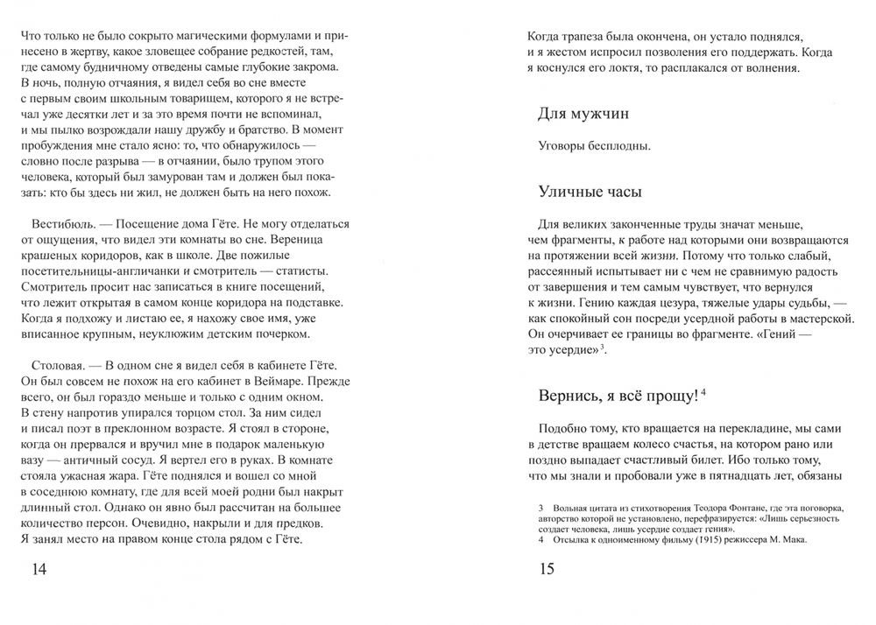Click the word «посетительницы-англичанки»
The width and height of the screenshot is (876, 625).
click(93, 271)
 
